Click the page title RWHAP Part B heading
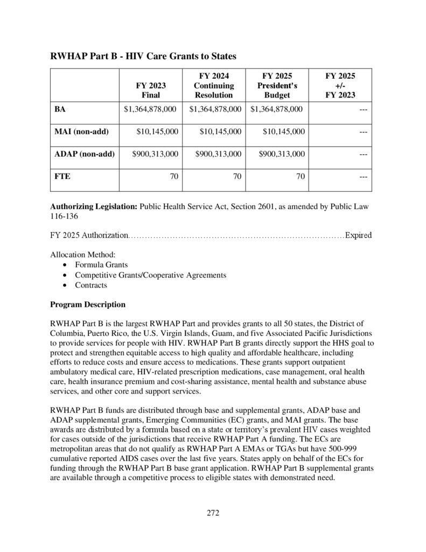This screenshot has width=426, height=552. tap(143, 56)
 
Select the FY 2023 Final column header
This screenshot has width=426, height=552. tap(151, 90)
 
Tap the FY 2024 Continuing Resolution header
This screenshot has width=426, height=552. tap(214, 85)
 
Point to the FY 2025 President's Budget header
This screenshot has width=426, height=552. tap(277, 85)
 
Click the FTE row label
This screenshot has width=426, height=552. tap(62, 176)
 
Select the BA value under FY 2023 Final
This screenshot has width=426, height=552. tap(150, 109)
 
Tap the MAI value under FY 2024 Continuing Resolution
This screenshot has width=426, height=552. tap(220, 132)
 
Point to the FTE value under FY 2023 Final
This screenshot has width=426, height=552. tap(174, 176)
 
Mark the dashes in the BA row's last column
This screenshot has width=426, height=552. tap(363, 109)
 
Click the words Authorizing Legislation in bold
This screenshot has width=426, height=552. tap(94, 206)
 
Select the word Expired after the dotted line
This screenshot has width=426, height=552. tap(358, 235)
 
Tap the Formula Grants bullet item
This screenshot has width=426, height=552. tap(101, 265)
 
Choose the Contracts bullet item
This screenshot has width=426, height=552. tap(91, 285)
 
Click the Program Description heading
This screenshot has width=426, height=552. tap(88, 305)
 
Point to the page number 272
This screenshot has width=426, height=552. tap(213, 513)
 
